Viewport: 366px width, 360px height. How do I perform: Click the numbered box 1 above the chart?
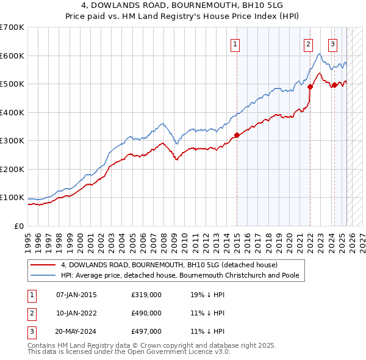235,43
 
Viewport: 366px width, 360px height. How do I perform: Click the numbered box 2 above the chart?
309,43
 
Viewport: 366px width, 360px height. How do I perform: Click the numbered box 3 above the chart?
332,43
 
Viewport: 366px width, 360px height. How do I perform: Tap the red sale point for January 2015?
237,135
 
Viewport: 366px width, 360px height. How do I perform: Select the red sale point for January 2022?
310,87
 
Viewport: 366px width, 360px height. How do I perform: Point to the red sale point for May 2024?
334,85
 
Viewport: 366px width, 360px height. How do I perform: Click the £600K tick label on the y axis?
12,56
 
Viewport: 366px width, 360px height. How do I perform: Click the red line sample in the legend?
43,265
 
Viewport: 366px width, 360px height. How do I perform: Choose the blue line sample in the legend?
43,275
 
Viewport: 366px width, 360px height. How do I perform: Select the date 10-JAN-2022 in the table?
76,313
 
